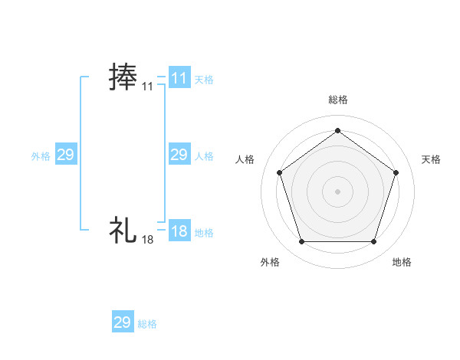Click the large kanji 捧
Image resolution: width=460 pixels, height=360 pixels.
(123, 77)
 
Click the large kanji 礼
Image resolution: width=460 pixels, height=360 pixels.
(123, 229)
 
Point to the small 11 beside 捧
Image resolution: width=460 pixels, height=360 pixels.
(147, 87)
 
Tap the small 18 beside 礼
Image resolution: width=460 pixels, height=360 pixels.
(147, 240)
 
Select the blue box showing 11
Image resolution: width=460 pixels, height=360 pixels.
(179, 77)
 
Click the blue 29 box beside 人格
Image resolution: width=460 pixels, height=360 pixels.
(179, 155)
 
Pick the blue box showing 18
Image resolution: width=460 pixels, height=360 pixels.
(179, 231)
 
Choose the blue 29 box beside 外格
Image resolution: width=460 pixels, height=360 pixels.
(66, 155)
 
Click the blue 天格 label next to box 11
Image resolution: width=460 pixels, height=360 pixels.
(204, 79)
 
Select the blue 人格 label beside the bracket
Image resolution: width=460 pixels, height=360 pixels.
(204, 156)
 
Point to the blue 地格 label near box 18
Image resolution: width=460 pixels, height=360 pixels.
(204, 232)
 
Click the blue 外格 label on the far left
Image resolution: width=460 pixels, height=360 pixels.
(41, 156)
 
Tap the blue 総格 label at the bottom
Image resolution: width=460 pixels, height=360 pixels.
(147, 324)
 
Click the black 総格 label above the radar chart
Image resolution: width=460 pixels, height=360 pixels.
(337, 100)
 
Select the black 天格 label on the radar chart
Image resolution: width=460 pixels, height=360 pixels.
(431, 159)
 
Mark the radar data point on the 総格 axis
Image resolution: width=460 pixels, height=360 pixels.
(337, 130)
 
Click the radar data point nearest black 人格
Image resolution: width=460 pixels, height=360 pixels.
(279, 172)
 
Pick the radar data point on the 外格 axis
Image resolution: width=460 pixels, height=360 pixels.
(301, 242)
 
